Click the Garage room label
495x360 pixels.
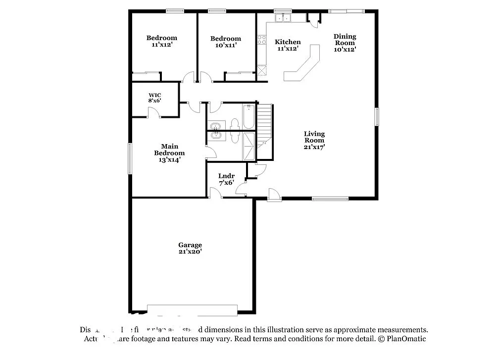point(190,245)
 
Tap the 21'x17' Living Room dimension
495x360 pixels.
point(314,147)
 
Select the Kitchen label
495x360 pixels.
point(288,42)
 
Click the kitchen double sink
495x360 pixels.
point(283,18)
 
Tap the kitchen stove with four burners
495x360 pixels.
point(261,39)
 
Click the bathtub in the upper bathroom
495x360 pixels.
point(248,117)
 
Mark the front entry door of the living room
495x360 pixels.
point(274,194)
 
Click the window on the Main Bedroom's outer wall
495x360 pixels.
point(130,158)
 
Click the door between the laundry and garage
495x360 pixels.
point(215,194)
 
